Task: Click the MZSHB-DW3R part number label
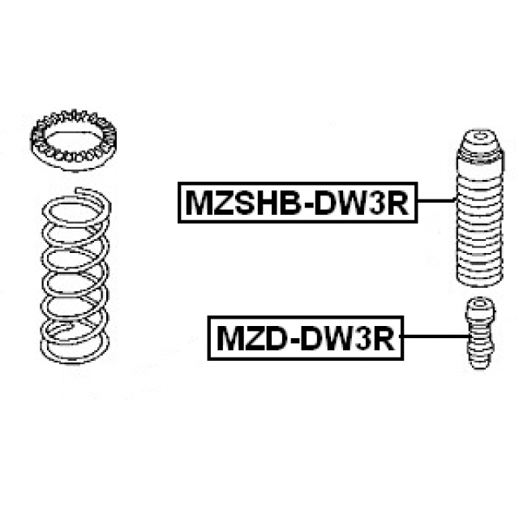coord(297,202)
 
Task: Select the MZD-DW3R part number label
coord(306,337)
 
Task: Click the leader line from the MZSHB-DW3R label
coord(434,201)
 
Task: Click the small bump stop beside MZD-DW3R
coord(478,332)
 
